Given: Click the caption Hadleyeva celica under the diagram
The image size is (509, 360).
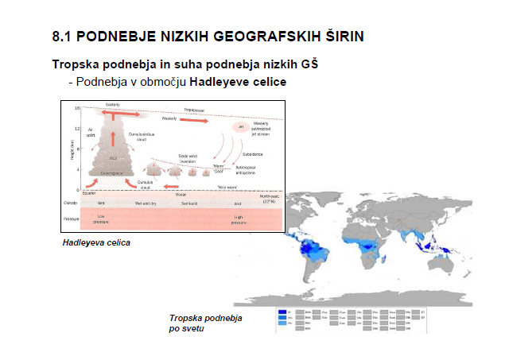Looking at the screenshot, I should (96, 242).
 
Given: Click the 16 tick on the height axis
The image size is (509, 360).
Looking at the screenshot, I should (78, 107).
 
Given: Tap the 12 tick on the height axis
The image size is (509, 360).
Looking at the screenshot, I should (78, 128).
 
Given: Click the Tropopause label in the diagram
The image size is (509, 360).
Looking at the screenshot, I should (199, 110).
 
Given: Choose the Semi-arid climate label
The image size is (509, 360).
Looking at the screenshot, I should (188, 203).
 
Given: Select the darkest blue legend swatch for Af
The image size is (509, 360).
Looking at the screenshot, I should (283, 312).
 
